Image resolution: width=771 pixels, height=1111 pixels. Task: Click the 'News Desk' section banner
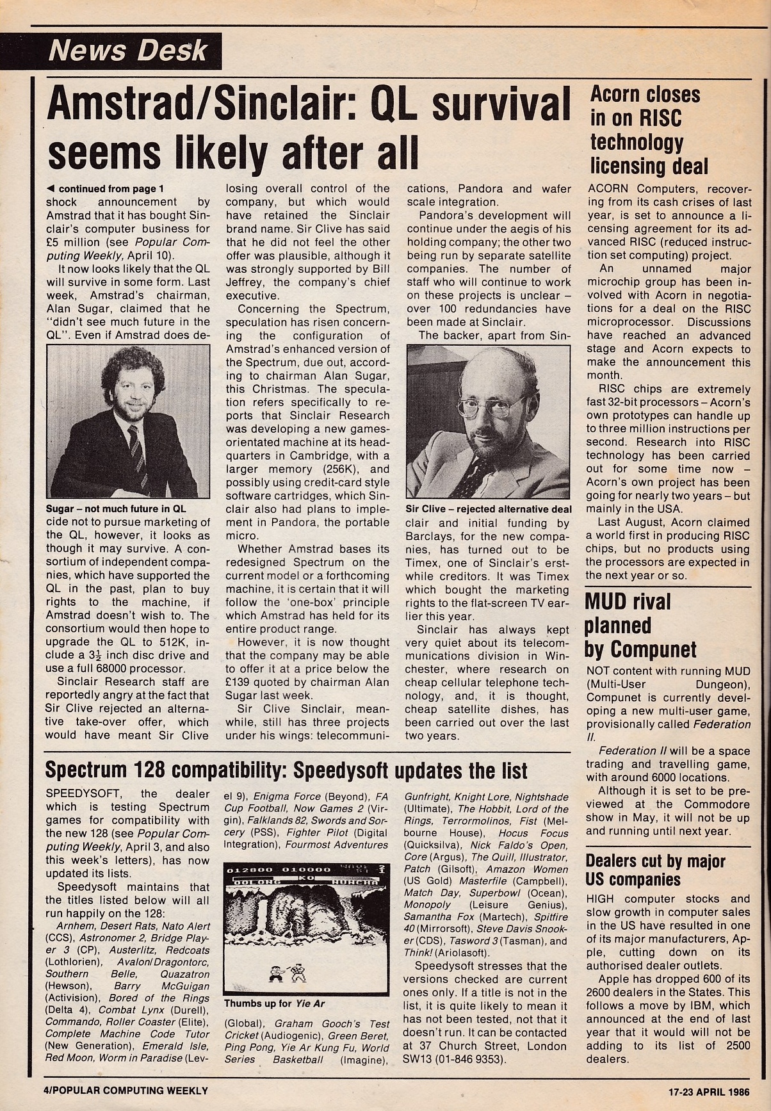pyautogui.click(x=127, y=50)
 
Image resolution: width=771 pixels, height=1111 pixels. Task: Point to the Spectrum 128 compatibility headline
pyautogui.click(x=286, y=770)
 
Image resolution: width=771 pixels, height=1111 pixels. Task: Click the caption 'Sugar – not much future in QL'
pyautogui.click(x=116, y=509)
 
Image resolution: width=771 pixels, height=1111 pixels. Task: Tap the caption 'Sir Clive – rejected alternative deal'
pyautogui.click(x=489, y=509)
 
